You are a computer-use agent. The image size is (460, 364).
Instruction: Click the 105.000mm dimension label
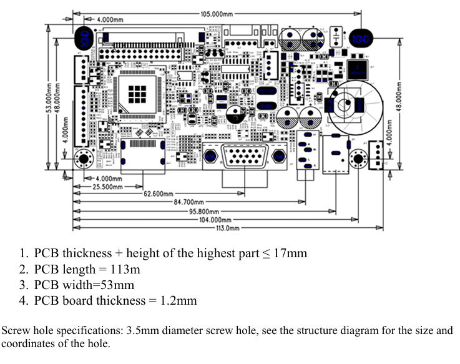216,13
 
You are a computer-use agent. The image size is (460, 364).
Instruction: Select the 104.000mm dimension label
215,220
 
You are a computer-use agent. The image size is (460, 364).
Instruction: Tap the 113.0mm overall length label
228,228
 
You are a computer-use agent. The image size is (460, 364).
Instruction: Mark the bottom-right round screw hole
358,159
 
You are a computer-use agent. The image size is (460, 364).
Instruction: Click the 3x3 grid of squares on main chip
137,94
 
